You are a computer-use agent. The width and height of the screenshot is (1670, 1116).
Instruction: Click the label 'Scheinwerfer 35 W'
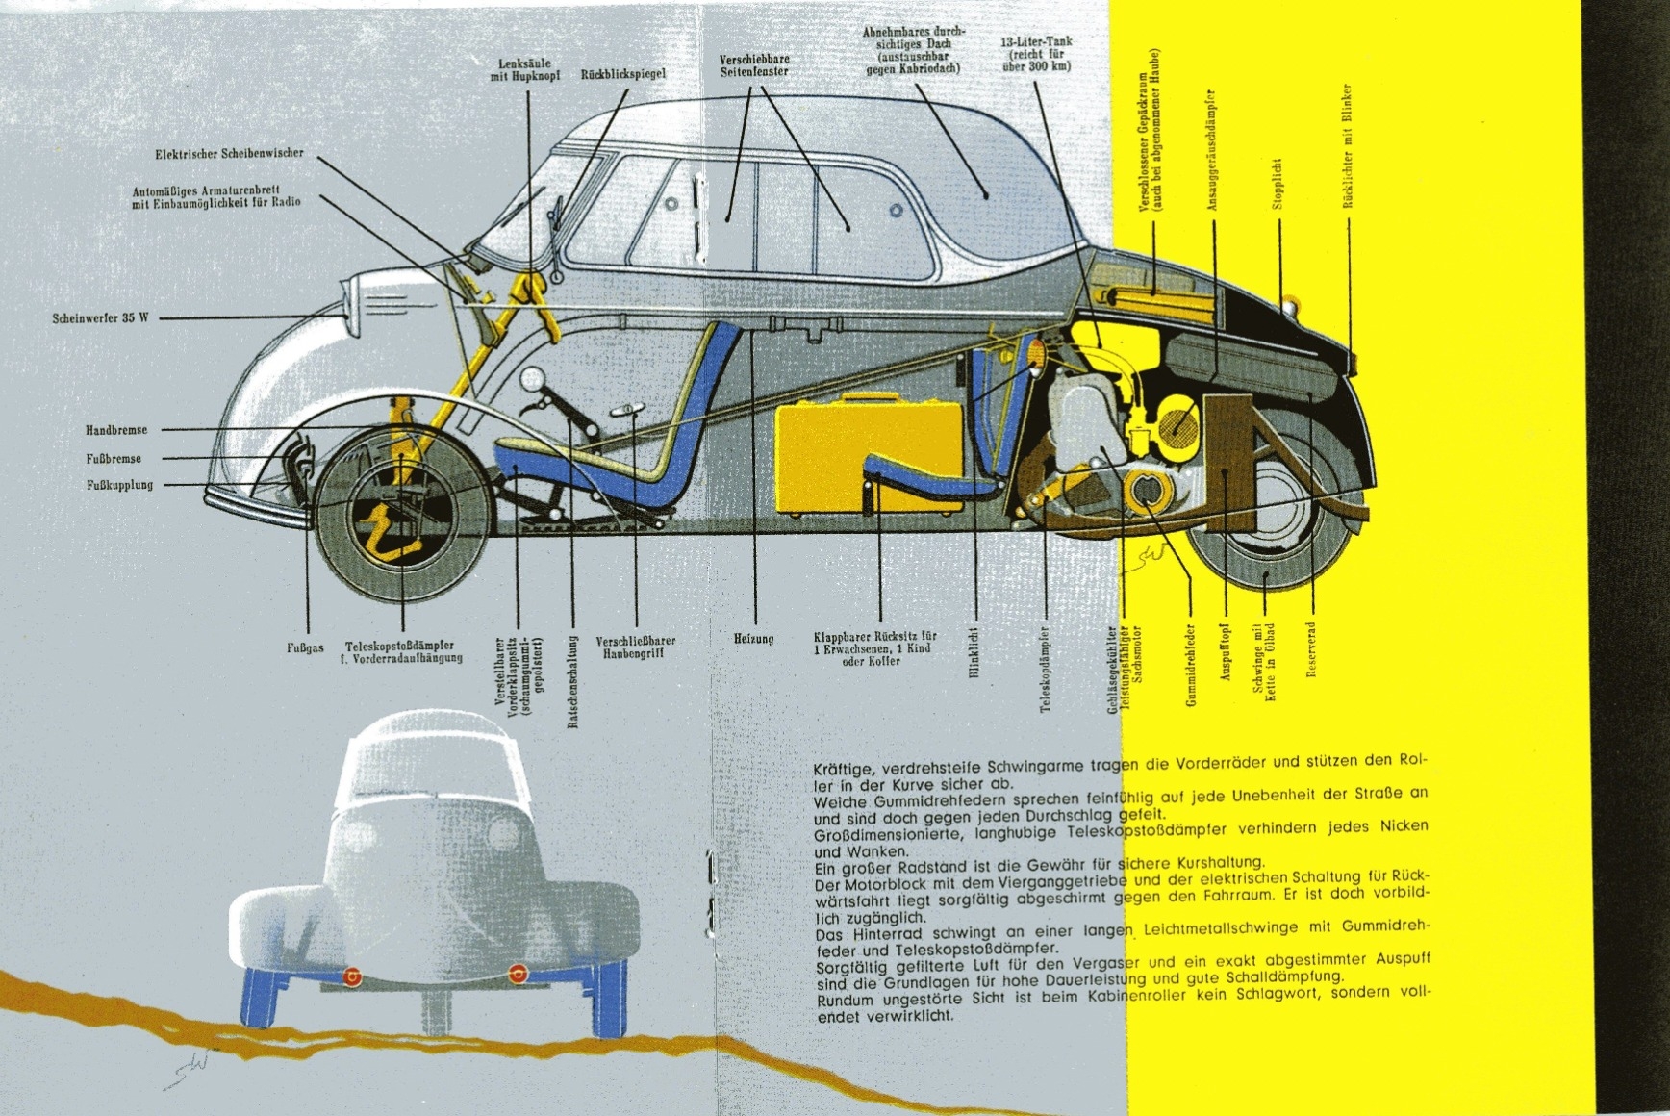(100, 317)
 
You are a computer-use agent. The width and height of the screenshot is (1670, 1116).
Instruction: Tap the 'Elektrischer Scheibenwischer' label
(229, 154)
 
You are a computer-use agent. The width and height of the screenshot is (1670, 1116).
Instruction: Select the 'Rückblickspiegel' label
(622, 74)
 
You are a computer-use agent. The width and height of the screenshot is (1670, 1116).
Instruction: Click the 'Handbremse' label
(116, 430)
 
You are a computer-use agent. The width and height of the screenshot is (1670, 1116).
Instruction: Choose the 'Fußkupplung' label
(119, 485)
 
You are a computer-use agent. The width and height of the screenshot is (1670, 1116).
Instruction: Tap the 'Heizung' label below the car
(753, 639)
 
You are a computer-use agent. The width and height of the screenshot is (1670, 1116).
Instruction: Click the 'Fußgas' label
(305, 648)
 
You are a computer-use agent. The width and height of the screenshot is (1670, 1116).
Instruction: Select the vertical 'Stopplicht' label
(1278, 184)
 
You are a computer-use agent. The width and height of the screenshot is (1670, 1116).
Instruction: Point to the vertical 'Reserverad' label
(1310, 649)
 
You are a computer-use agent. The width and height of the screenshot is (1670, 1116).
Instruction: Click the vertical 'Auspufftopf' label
(1226, 651)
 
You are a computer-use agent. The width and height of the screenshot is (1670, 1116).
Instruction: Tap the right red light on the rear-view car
(518, 975)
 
